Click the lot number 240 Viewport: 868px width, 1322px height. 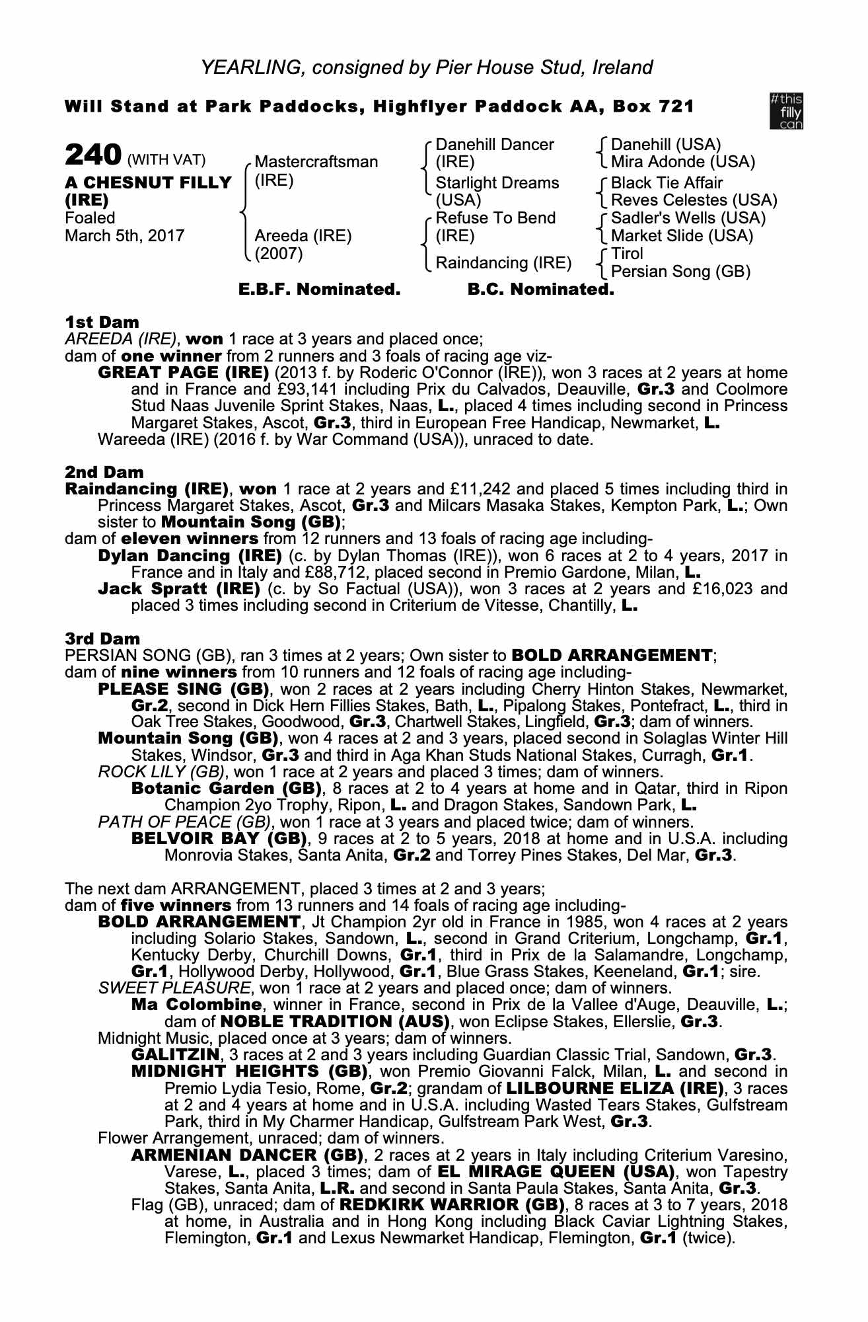(92, 157)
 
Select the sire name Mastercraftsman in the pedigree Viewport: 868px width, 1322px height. (316, 162)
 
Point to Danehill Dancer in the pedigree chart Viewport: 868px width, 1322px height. (495, 145)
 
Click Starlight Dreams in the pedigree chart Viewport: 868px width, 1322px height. (497, 183)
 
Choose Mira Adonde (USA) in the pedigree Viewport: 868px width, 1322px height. (682, 162)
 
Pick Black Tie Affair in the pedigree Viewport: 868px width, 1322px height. (667, 183)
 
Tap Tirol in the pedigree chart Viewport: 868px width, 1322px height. (627, 254)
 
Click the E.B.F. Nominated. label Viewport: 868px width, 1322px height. (319, 290)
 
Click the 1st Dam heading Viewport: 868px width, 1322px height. (102, 323)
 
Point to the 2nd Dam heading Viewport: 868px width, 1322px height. (104, 473)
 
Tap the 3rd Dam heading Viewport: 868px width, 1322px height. (104, 639)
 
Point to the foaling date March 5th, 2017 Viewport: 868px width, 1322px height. (124, 235)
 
